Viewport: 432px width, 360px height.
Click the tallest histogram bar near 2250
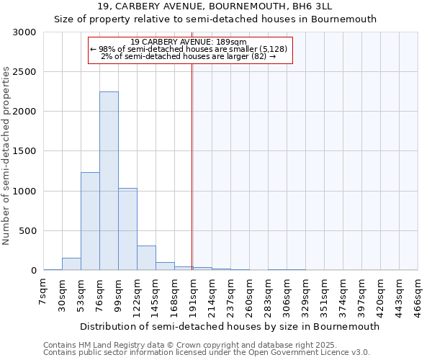point(109,181)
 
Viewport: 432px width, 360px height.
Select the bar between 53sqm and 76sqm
point(90,221)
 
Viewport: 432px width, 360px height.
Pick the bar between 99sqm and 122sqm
point(127,229)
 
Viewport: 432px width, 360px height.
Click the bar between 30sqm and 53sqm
point(71,264)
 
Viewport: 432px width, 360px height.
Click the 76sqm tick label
point(99,293)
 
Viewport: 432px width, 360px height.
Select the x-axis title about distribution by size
point(229,326)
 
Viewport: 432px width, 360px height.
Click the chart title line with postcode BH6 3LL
point(216,6)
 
